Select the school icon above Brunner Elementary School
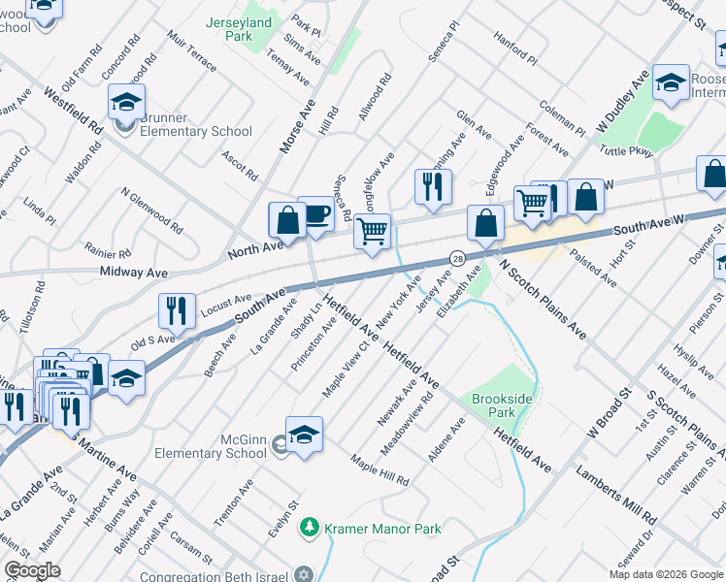click(x=126, y=102)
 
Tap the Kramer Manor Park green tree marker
click(x=310, y=528)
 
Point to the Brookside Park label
click(x=502, y=405)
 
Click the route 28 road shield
click(x=455, y=258)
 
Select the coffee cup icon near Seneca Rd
click(x=315, y=215)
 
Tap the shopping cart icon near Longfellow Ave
click(x=372, y=232)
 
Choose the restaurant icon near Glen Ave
click(x=433, y=185)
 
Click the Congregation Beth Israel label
click(x=225, y=573)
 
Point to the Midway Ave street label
click(x=134, y=274)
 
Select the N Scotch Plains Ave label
click(x=543, y=298)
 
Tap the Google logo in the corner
click(x=33, y=570)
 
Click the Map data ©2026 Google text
click(x=665, y=574)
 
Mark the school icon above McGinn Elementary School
click(x=304, y=435)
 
